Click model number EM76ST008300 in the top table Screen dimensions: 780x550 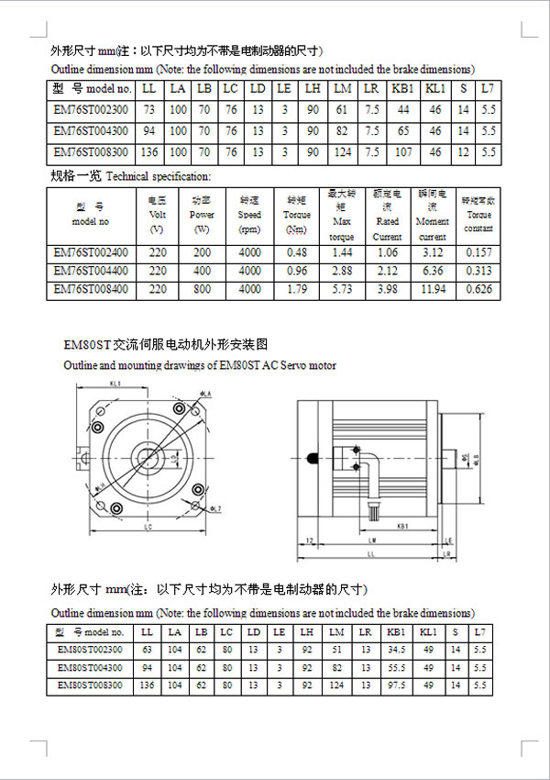(x=91, y=151)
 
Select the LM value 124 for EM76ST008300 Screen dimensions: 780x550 (x=343, y=151)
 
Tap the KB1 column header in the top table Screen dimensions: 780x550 (x=403, y=89)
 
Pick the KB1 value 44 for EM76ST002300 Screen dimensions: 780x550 (x=403, y=110)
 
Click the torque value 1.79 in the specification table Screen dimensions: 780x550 (x=297, y=290)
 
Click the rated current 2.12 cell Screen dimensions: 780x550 (x=387, y=272)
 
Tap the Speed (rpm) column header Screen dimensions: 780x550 (x=249, y=215)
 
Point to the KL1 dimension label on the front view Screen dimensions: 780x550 (x=115, y=384)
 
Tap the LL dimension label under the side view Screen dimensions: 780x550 (x=369, y=555)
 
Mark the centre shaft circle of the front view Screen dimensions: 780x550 (x=146, y=454)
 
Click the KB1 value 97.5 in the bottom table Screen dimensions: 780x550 (x=396, y=685)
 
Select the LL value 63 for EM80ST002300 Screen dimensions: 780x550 (x=146, y=651)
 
